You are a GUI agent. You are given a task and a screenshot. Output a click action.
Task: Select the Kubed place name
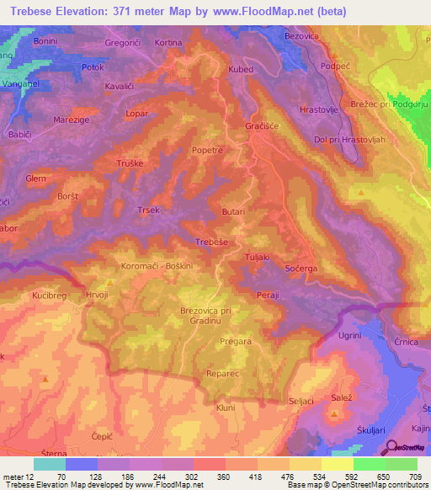[241, 70]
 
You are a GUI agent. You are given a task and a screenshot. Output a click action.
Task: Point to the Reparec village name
[222, 371]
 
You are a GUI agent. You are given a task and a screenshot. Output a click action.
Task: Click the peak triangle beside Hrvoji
[109, 283]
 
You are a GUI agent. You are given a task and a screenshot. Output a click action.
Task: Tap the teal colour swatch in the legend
[50, 464]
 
